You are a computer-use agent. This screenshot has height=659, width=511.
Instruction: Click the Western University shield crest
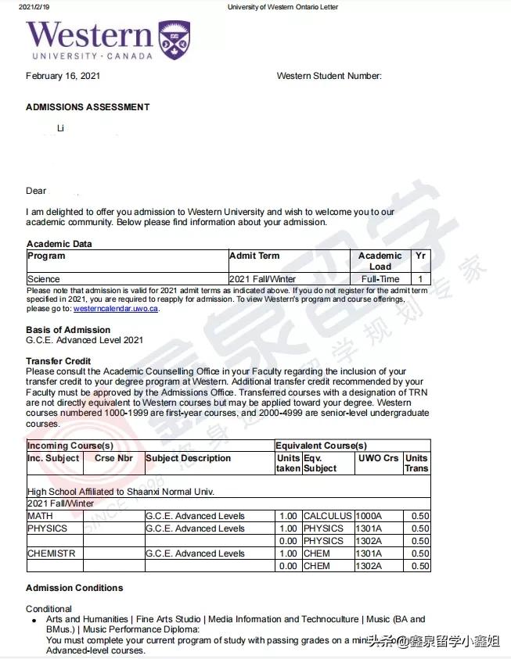coord(174,40)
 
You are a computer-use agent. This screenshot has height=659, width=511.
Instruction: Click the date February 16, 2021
coord(63,76)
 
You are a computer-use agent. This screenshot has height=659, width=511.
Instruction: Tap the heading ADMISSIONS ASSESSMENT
coord(88,107)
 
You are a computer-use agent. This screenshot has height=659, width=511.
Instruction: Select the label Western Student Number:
coord(329,76)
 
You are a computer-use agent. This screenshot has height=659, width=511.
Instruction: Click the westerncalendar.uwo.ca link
coord(116,309)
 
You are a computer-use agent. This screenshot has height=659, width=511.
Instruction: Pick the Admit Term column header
coord(254,256)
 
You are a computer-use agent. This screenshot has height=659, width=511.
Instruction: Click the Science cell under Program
coord(44,279)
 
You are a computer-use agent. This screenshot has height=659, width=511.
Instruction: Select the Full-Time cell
coord(380,279)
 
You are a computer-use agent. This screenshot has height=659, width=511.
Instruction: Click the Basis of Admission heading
coord(68,330)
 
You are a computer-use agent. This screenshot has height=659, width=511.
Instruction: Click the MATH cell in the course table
coord(41,516)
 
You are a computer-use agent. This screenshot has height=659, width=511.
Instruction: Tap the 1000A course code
coord(369,516)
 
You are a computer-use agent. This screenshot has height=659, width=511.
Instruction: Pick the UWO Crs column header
coord(378,458)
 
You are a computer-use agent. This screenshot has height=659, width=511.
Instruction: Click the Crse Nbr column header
coord(114,458)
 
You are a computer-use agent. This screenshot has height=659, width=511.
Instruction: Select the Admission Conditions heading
coord(74,588)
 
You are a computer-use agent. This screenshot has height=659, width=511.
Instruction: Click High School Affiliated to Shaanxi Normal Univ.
coord(121,492)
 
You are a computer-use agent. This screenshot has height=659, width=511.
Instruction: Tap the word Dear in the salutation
coord(37,191)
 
